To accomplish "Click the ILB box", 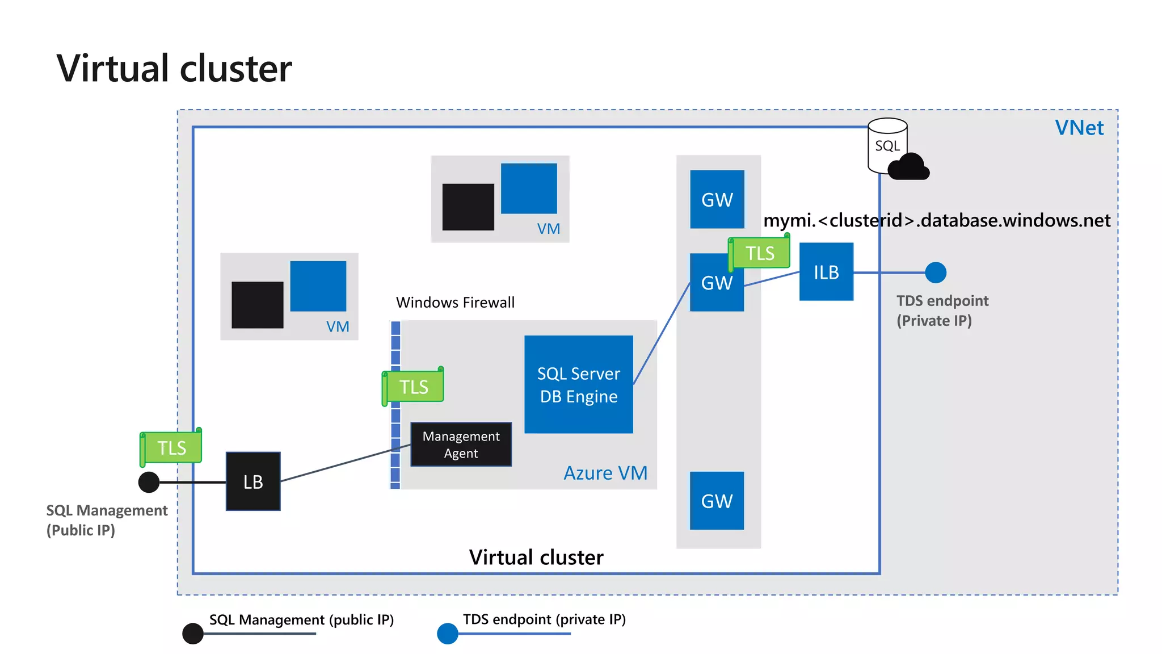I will pos(826,272).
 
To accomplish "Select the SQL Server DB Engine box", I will pos(578,384).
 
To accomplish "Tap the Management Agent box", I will pos(461,445).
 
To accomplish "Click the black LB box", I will pos(253,481).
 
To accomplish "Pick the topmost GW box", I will pos(717,199).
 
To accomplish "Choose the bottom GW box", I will pos(717,501).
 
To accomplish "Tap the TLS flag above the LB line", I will pos(171,447).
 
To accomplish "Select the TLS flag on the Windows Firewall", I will pos(414,387).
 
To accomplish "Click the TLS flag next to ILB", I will pos(760,253).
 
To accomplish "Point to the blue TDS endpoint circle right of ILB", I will pos(936,272).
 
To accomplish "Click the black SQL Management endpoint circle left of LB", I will pos(149,482).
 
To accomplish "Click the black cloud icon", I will pos(909,167).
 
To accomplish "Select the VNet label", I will pos(1079,128).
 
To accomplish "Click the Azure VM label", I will pos(605,473).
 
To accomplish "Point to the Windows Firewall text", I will pos(455,302).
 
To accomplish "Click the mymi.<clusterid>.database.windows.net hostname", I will pos(936,220).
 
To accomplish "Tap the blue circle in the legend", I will pos(448,634).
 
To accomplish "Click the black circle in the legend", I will pos(193,634).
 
